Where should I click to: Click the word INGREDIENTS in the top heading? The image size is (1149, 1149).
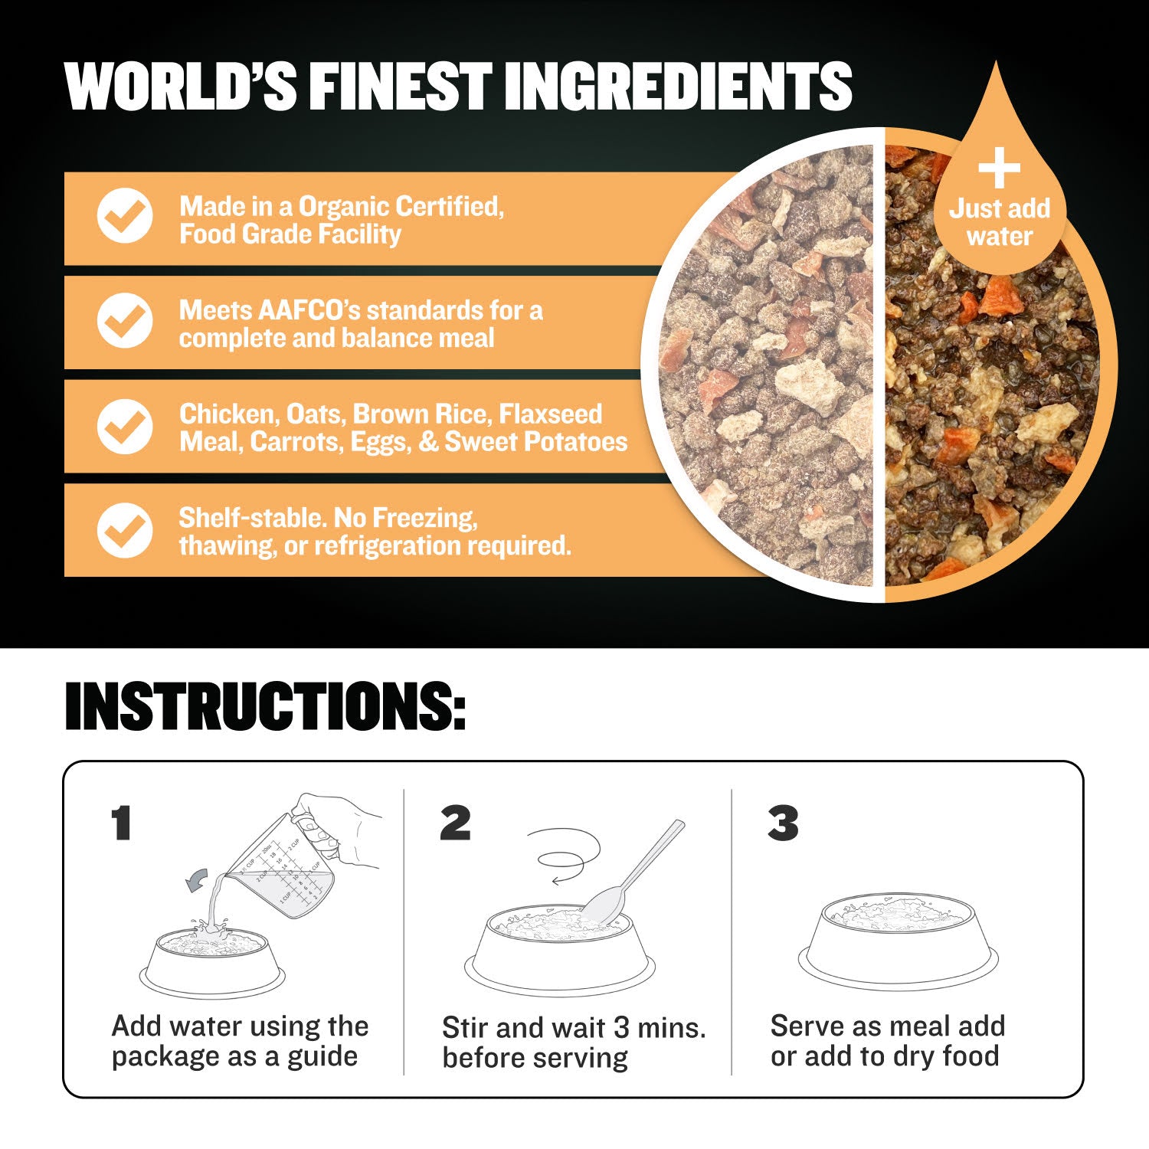pyautogui.click(x=679, y=86)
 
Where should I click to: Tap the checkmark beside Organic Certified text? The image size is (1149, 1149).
pyautogui.click(x=125, y=216)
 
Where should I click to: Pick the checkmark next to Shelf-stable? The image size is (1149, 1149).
pyautogui.click(x=125, y=529)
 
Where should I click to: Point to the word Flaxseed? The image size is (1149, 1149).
pyautogui.click(x=551, y=414)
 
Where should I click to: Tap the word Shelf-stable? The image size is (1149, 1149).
pyautogui.click(x=253, y=518)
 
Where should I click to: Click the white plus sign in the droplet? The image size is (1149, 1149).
pyautogui.click(x=1000, y=167)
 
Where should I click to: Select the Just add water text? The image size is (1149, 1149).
pyautogui.click(x=1000, y=222)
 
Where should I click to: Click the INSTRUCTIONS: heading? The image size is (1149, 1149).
pyautogui.click(x=265, y=705)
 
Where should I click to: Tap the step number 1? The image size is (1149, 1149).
pyautogui.click(x=121, y=823)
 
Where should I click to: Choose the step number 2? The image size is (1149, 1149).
pyautogui.click(x=456, y=823)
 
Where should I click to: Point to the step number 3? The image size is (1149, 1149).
pyautogui.click(x=783, y=823)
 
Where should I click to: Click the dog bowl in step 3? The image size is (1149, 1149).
pyautogui.click(x=899, y=941)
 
